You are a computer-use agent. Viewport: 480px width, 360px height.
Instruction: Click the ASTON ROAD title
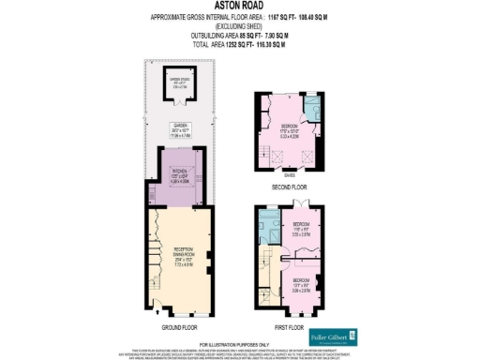(x=239, y=7)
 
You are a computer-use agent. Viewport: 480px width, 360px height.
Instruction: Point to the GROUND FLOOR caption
(x=177, y=327)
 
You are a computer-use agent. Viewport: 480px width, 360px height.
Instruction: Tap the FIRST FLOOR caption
(x=289, y=327)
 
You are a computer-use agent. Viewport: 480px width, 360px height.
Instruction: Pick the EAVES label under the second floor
(x=288, y=173)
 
